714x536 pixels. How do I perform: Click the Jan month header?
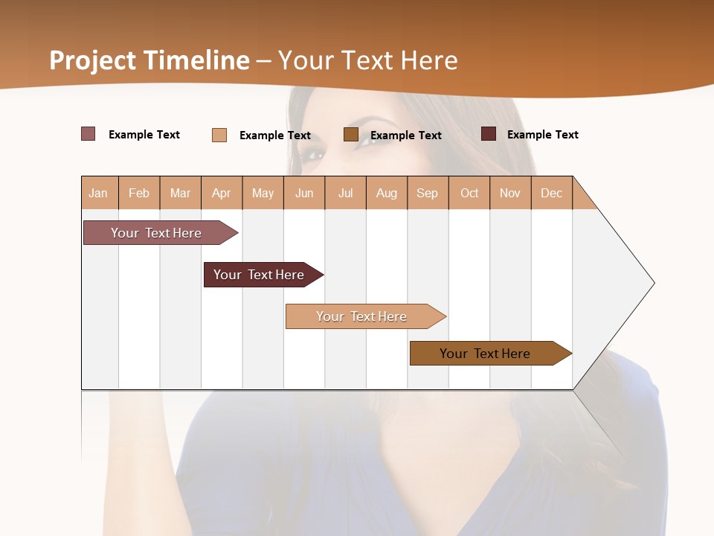click(98, 193)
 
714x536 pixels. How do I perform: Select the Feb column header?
click(139, 193)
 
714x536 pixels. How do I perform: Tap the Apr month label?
click(221, 193)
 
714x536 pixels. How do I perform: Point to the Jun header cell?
click(304, 193)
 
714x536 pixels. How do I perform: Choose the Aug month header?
click(386, 193)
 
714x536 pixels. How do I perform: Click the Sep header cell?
click(427, 193)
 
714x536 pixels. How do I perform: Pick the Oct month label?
click(469, 193)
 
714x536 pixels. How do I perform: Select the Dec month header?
click(551, 193)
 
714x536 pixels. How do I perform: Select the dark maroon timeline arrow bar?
click(260, 275)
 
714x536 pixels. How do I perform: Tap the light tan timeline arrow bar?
click(362, 316)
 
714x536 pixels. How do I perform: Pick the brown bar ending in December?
click(486, 354)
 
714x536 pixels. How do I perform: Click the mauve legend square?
click(88, 134)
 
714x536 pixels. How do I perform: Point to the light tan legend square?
click(219, 135)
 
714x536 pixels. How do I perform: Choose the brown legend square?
click(351, 134)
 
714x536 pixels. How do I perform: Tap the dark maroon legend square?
click(489, 134)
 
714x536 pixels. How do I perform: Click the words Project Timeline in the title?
click(149, 60)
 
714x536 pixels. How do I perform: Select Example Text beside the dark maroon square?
click(542, 135)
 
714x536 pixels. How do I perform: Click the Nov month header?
click(510, 193)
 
